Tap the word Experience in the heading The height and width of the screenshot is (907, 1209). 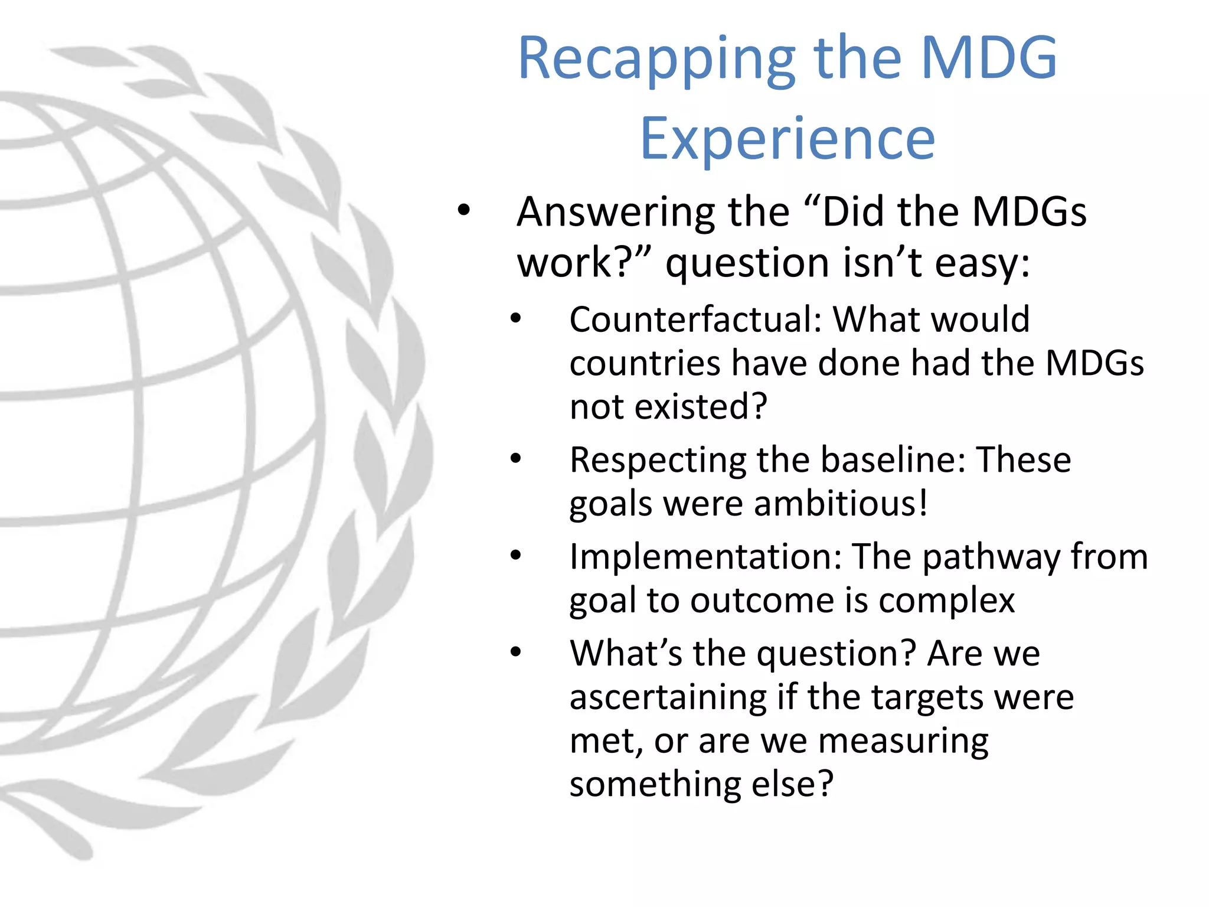(788, 139)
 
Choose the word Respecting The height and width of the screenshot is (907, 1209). (657, 461)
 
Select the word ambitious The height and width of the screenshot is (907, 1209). (835, 504)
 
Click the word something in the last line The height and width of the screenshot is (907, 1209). (655, 784)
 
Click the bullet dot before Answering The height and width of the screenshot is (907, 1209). (464, 210)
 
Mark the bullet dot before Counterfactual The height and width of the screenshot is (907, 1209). (516, 319)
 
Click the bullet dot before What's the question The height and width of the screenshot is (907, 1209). (516, 652)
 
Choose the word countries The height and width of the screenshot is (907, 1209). (645, 363)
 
